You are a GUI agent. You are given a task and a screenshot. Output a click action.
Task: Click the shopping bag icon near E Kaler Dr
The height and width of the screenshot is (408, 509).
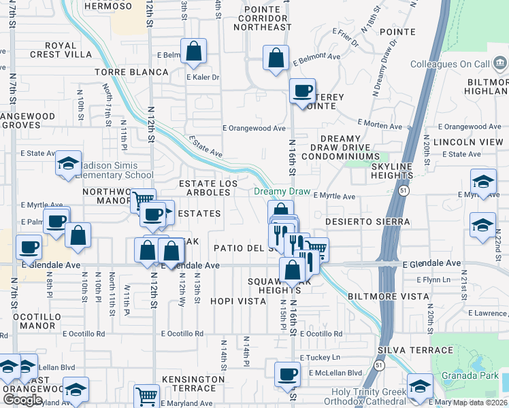click(194, 52)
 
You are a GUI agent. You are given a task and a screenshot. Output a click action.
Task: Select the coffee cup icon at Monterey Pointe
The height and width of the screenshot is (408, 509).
click(302, 90)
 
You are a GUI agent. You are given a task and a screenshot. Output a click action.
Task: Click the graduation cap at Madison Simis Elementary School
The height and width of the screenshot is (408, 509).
click(68, 163)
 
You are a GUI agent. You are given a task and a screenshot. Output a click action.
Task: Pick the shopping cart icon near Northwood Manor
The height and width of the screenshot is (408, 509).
click(143, 201)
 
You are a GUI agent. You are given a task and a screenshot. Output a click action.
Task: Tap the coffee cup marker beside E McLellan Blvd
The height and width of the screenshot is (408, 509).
click(287, 374)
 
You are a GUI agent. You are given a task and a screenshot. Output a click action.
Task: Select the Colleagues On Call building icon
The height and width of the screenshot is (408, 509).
click(499, 64)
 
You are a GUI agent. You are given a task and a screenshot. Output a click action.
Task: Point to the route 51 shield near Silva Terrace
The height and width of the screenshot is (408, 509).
click(377, 366)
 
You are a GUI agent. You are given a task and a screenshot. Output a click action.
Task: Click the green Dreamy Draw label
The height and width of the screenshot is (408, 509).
click(281, 192)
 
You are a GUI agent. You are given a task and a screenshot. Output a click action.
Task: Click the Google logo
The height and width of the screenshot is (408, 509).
click(22, 400)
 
